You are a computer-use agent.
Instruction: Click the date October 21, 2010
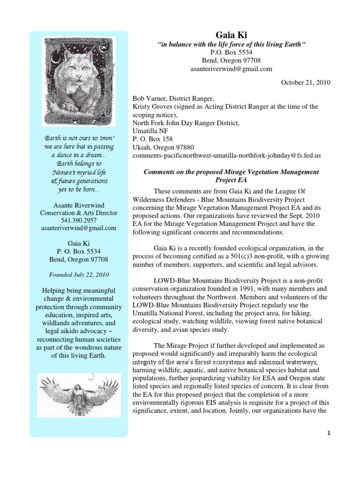click(306, 82)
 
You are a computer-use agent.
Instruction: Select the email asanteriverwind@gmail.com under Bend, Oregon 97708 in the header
click(232, 69)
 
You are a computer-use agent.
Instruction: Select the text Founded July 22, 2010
click(78, 274)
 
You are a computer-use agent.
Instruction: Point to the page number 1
click(329, 433)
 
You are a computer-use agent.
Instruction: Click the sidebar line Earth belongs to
click(78, 164)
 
